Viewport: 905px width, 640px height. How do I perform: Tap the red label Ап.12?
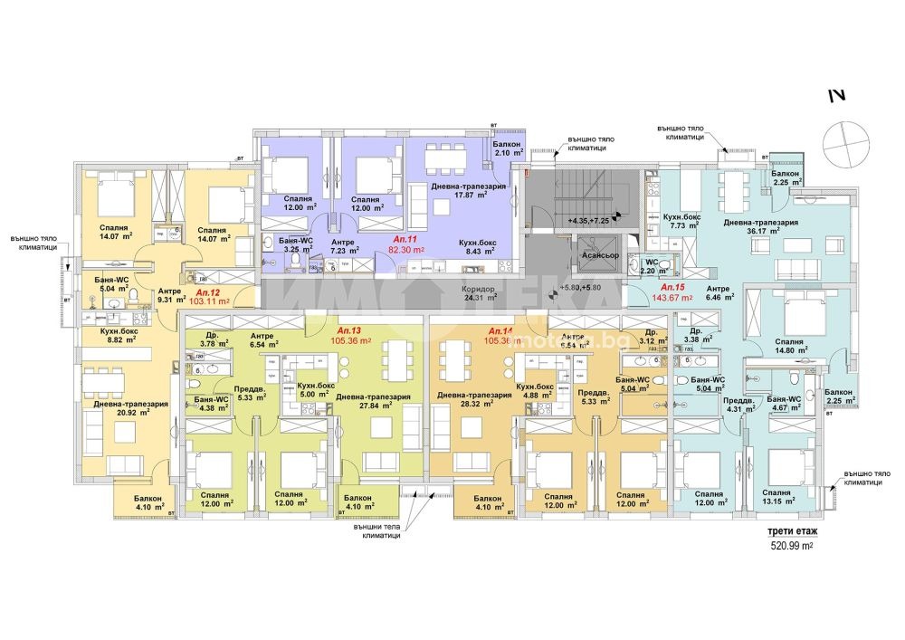[x=207, y=292]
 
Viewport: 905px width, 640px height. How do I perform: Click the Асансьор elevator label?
[x=601, y=256]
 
